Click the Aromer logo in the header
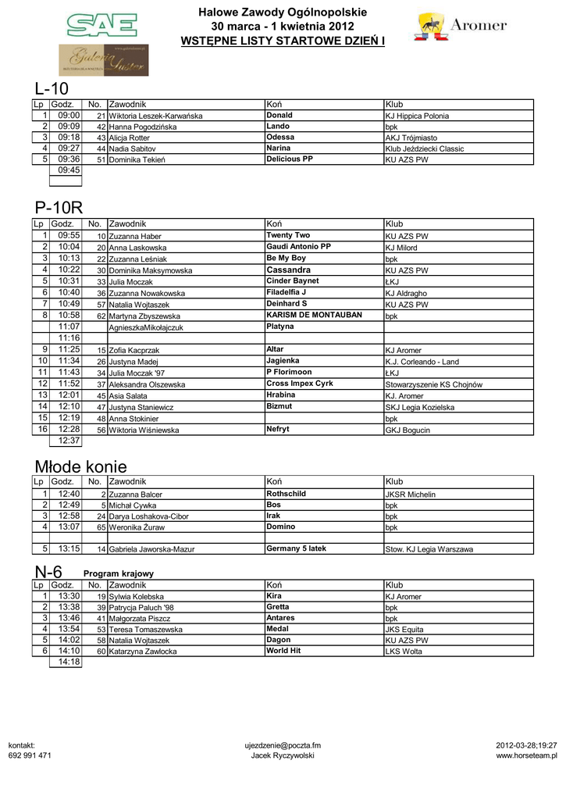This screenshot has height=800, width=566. coord(461,27)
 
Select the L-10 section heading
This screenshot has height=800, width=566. coord(52,87)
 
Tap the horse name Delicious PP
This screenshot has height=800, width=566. coord(290,159)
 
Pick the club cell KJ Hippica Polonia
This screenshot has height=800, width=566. coord(417,116)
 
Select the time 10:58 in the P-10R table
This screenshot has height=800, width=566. coord(69,315)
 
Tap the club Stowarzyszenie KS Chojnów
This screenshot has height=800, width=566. coord(433,384)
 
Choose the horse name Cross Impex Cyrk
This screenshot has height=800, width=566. coord(300,384)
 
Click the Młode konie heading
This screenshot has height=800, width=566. coord(80,466)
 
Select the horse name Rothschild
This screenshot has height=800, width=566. coord(287,494)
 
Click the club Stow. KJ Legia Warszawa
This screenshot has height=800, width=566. coord(429,549)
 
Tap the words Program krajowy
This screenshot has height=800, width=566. coord(119,573)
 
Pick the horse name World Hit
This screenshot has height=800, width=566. coord(283,650)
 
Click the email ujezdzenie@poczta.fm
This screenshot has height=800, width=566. coord(283,745)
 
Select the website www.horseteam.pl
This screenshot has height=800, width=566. coord(526,755)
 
